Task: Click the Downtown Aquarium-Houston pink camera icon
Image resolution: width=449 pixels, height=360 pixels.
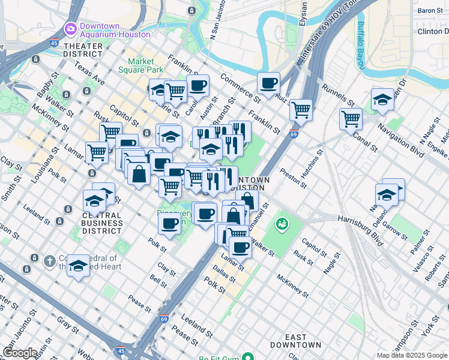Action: (x=71, y=28)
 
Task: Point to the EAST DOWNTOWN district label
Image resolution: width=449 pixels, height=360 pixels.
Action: (x=295, y=341)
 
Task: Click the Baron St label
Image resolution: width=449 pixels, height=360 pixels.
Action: (x=430, y=11)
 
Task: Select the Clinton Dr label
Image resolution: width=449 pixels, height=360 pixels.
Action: (x=433, y=31)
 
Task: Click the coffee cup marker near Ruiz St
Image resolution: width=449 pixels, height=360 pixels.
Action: (x=269, y=83)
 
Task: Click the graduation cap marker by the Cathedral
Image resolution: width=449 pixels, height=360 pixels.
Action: (x=78, y=265)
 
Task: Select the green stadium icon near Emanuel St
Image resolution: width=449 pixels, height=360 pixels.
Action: (x=280, y=224)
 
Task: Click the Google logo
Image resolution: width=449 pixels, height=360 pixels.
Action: (x=19, y=353)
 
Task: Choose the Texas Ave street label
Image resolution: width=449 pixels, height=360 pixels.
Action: (x=90, y=76)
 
